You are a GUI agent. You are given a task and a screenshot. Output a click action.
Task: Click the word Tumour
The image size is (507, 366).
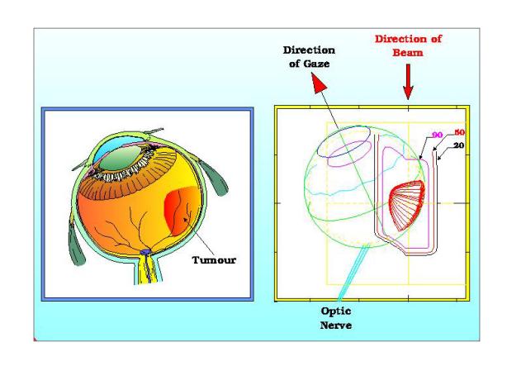[214, 260]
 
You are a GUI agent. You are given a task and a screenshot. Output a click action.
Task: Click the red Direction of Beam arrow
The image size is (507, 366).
[408, 82]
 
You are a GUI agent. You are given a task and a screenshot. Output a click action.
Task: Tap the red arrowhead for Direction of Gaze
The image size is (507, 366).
[318, 83]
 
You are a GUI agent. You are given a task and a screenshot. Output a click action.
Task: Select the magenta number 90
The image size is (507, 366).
[437, 135]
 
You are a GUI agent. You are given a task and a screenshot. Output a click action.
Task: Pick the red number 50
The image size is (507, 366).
[459, 132]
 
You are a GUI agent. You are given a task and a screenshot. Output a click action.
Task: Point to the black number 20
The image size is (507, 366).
[458, 145]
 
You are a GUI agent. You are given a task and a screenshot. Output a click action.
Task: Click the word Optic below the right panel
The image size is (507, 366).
[335, 311]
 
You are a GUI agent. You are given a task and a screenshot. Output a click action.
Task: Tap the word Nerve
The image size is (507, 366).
[335, 325]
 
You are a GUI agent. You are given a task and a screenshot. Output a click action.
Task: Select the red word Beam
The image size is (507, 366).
[408, 53]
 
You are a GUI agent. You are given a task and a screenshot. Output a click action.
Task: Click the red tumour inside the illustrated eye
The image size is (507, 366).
[181, 210]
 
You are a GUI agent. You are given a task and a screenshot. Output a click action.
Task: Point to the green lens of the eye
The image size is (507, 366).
[121, 159]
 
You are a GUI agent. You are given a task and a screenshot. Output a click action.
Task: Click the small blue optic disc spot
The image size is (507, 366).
[145, 252]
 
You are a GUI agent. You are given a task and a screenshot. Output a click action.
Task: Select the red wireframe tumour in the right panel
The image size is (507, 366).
[407, 206]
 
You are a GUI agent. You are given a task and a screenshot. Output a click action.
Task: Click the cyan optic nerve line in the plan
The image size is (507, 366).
[353, 273]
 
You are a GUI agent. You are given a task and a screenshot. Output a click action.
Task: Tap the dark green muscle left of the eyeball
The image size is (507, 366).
[75, 241]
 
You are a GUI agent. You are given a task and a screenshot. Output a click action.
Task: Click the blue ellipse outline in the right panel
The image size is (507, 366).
[344, 141]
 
